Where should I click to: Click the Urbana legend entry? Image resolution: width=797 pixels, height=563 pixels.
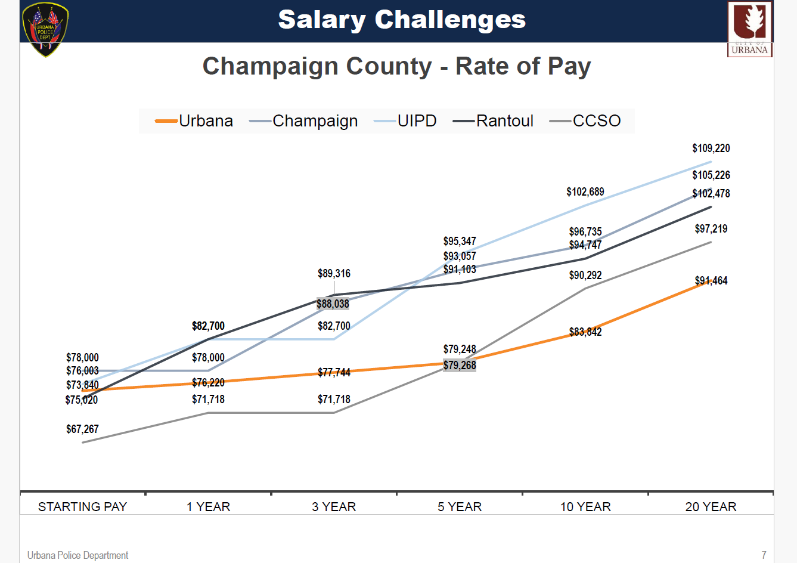(194, 121)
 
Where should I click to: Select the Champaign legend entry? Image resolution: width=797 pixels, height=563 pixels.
(304, 121)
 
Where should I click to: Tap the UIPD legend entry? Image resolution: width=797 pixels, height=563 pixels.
(405, 121)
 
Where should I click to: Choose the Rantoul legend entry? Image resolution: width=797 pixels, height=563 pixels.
(494, 121)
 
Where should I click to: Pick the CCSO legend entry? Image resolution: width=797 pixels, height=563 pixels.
(585, 121)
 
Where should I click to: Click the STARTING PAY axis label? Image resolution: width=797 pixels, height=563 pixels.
(83, 507)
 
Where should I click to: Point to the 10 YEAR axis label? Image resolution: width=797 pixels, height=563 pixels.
(585, 507)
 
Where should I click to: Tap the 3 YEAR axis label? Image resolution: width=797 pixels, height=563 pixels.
(334, 507)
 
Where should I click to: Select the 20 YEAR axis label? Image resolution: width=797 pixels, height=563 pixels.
(711, 507)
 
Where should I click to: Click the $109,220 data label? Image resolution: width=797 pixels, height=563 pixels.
(711, 149)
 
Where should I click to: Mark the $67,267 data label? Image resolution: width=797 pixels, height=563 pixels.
(82, 429)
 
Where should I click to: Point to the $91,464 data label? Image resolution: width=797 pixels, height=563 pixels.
(711, 281)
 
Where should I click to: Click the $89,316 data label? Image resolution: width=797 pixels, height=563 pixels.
(334, 274)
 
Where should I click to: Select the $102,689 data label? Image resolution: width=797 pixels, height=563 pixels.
(585, 192)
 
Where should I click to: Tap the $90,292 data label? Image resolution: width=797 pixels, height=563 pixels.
(585, 276)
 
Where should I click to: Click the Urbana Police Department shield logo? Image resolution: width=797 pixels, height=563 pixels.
(45, 30)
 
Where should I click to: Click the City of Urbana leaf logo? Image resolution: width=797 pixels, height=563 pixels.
(750, 29)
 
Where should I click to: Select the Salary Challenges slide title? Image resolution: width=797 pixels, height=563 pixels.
(402, 20)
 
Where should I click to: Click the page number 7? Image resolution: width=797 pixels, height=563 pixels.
(764, 555)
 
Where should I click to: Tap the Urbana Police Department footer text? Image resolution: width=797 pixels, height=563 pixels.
(77, 555)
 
